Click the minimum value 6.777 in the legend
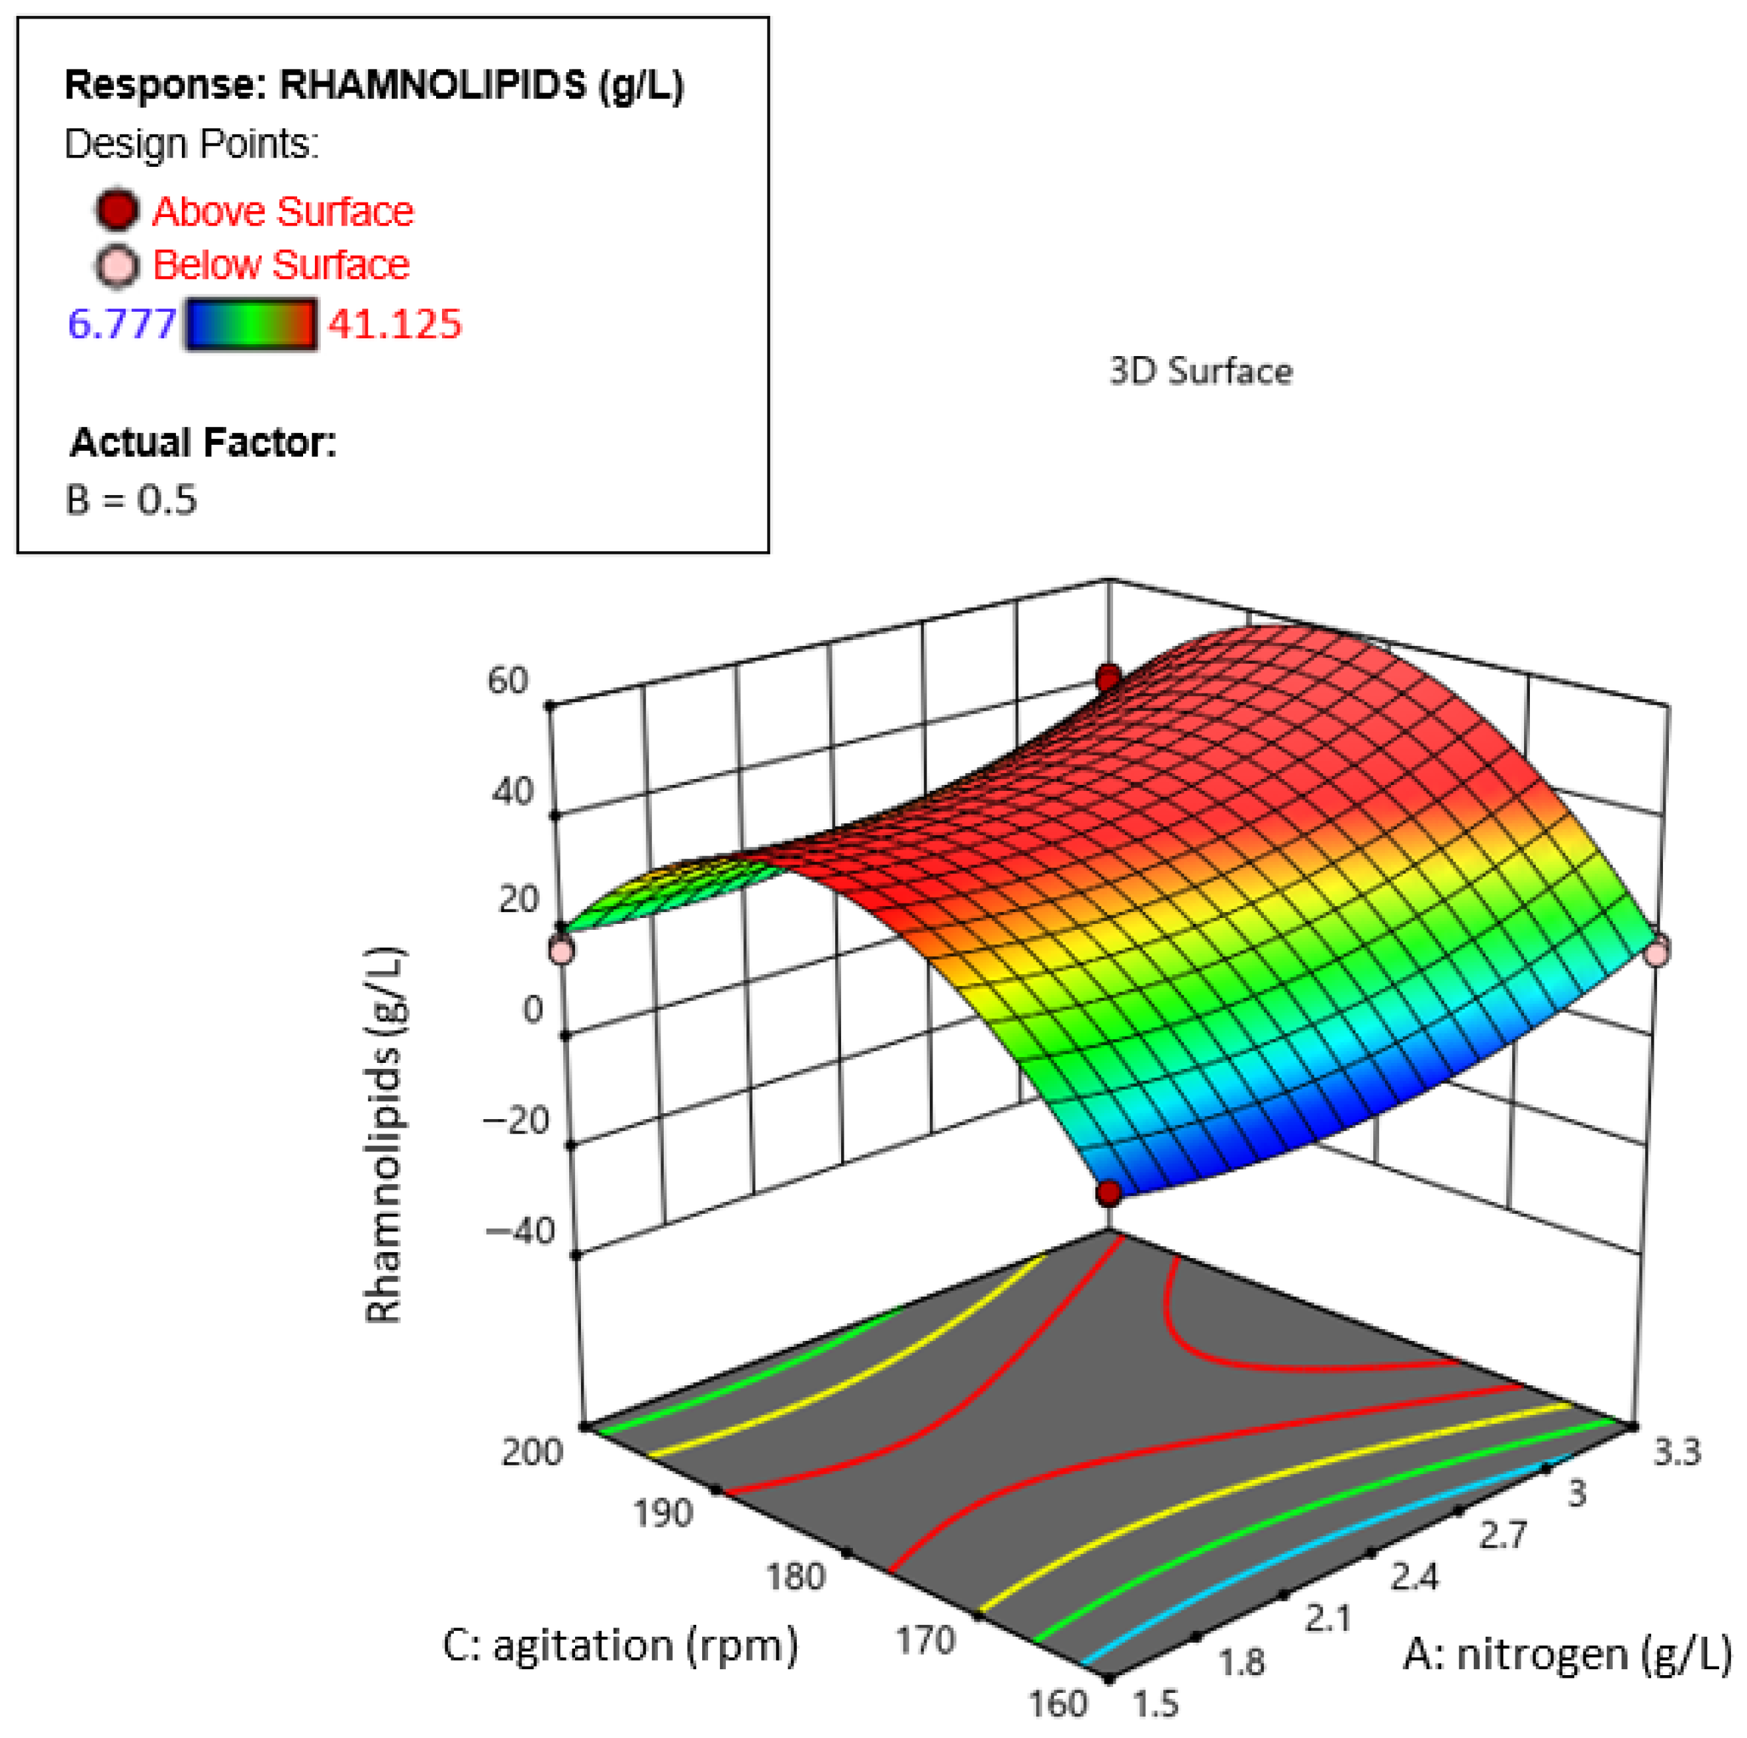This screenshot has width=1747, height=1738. tap(121, 324)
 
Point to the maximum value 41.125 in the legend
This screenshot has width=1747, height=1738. tap(394, 324)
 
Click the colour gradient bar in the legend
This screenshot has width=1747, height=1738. tap(251, 324)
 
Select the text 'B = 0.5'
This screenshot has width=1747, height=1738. tap(131, 499)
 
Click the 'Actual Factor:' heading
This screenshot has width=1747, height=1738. tap(203, 442)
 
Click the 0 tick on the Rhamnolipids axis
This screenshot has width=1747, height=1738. tap(533, 1009)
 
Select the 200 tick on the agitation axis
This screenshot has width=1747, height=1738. tap(531, 1452)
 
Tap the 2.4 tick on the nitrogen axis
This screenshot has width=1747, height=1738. tap(1413, 1578)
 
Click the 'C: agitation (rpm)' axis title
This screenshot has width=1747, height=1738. tap(620, 1645)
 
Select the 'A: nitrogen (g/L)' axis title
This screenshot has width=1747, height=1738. tap(1567, 1654)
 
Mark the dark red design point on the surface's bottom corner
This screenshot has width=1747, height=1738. tap(1108, 1193)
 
